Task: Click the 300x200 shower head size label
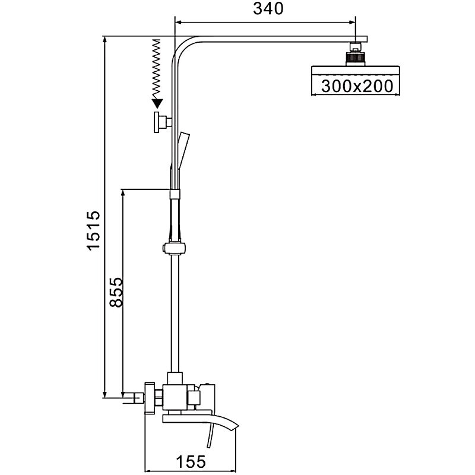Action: pos(357,86)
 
